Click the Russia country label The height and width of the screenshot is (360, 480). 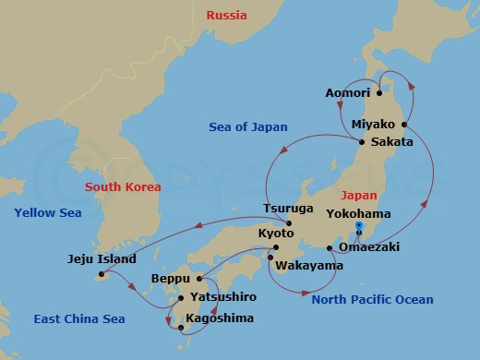coord(227,15)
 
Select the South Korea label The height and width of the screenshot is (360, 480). coord(123,187)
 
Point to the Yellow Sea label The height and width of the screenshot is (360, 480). coord(48,213)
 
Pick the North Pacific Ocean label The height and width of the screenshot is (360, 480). coord(372,300)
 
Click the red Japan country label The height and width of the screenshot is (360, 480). coord(359,196)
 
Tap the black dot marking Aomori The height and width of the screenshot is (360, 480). coord(379,92)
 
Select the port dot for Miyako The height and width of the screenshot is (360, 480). coord(404,124)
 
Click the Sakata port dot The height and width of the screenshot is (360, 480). coord(361,142)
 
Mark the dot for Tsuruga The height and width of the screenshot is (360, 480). coord(289,223)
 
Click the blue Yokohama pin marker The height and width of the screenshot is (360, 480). coord(358,226)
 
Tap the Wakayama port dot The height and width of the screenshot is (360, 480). coord(269,258)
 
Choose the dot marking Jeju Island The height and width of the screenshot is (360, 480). coord(100,274)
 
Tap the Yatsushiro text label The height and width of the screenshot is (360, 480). coord(222,297)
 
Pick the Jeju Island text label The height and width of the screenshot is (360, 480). coord(102,259)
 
